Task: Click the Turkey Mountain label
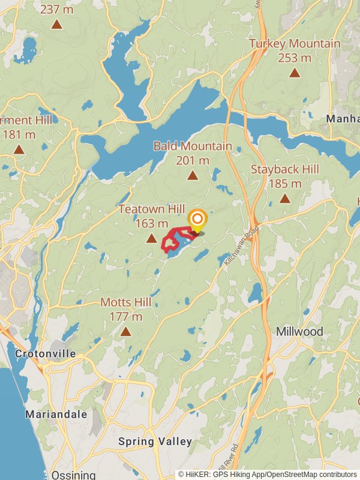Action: point(295,44)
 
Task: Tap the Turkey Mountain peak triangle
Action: point(295,73)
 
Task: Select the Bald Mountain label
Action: point(193,146)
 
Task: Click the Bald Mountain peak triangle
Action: point(193,175)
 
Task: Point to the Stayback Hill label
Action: point(285,170)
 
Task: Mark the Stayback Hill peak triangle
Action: point(285,199)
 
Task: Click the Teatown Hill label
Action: point(151,209)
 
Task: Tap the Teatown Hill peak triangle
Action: point(152,238)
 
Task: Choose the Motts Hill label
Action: point(125,302)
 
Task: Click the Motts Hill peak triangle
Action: point(125,331)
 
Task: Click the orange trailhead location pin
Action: point(197,220)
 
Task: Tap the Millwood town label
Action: point(300,332)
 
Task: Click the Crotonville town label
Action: point(46,353)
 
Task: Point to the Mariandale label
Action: point(56,414)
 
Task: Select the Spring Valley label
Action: point(155,442)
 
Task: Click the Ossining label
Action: point(73,475)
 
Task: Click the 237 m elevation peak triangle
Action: point(56,24)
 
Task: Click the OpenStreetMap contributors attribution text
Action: point(311,474)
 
